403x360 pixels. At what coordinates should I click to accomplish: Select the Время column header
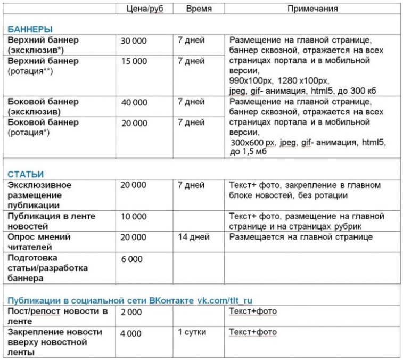(x=199, y=9)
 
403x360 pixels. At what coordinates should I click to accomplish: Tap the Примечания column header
(x=312, y=9)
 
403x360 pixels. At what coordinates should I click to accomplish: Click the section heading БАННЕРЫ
(x=30, y=29)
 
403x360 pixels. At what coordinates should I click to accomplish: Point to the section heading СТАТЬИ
(x=26, y=174)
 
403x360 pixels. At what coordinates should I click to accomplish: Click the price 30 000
(x=134, y=41)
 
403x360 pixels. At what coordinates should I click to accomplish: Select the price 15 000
(x=134, y=61)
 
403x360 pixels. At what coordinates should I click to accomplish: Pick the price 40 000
(x=134, y=103)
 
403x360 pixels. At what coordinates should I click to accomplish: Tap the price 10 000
(x=134, y=217)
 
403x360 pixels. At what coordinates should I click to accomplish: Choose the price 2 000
(x=131, y=312)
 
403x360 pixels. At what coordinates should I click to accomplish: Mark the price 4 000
(x=131, y=333)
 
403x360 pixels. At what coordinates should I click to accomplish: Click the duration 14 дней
(x=193, y=238)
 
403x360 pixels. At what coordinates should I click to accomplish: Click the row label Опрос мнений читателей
(x=39, y=242)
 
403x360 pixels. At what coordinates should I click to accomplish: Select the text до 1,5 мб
(x=250, y=153)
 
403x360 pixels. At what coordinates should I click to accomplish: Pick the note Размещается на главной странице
(x=301, y=238)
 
